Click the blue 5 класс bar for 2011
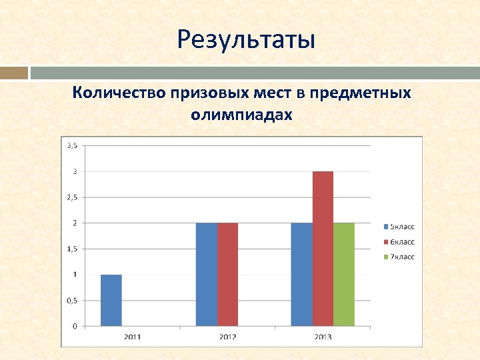[111, 300]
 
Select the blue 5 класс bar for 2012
[206, 274]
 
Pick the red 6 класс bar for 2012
[227, 274]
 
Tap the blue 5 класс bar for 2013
[301, 274]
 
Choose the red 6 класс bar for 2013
[323, 249]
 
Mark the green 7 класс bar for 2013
[344, 274]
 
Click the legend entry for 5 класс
[399, 227]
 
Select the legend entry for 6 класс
[399, 241]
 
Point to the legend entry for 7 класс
[399, 257]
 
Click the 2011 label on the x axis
[132, 337]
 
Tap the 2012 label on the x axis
[227, 337]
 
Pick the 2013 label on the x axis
[323, 337]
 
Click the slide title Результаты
[246, 41]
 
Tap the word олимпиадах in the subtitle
[241, 115]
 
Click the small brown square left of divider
[13, 73]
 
